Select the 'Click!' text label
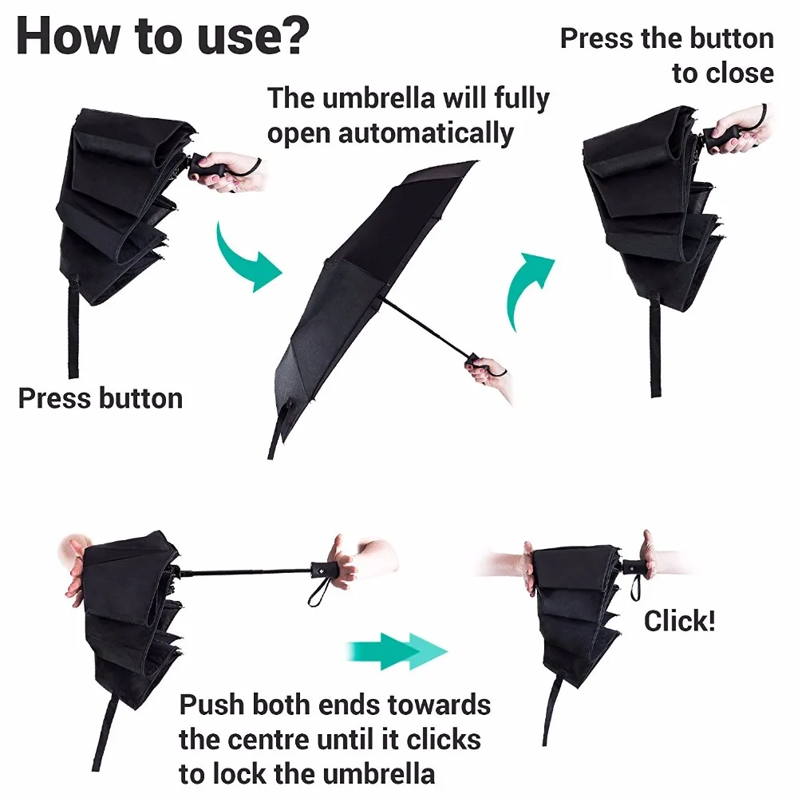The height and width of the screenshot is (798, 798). tap(679, 620)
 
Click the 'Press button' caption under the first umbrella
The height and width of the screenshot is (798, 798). tap(101, 398)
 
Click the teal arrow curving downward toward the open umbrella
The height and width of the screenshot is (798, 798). tap(247, 255)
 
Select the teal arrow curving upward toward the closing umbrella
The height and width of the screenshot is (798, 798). tap(527, 287)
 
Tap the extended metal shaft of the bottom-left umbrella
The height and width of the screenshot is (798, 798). tap(247, 571)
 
